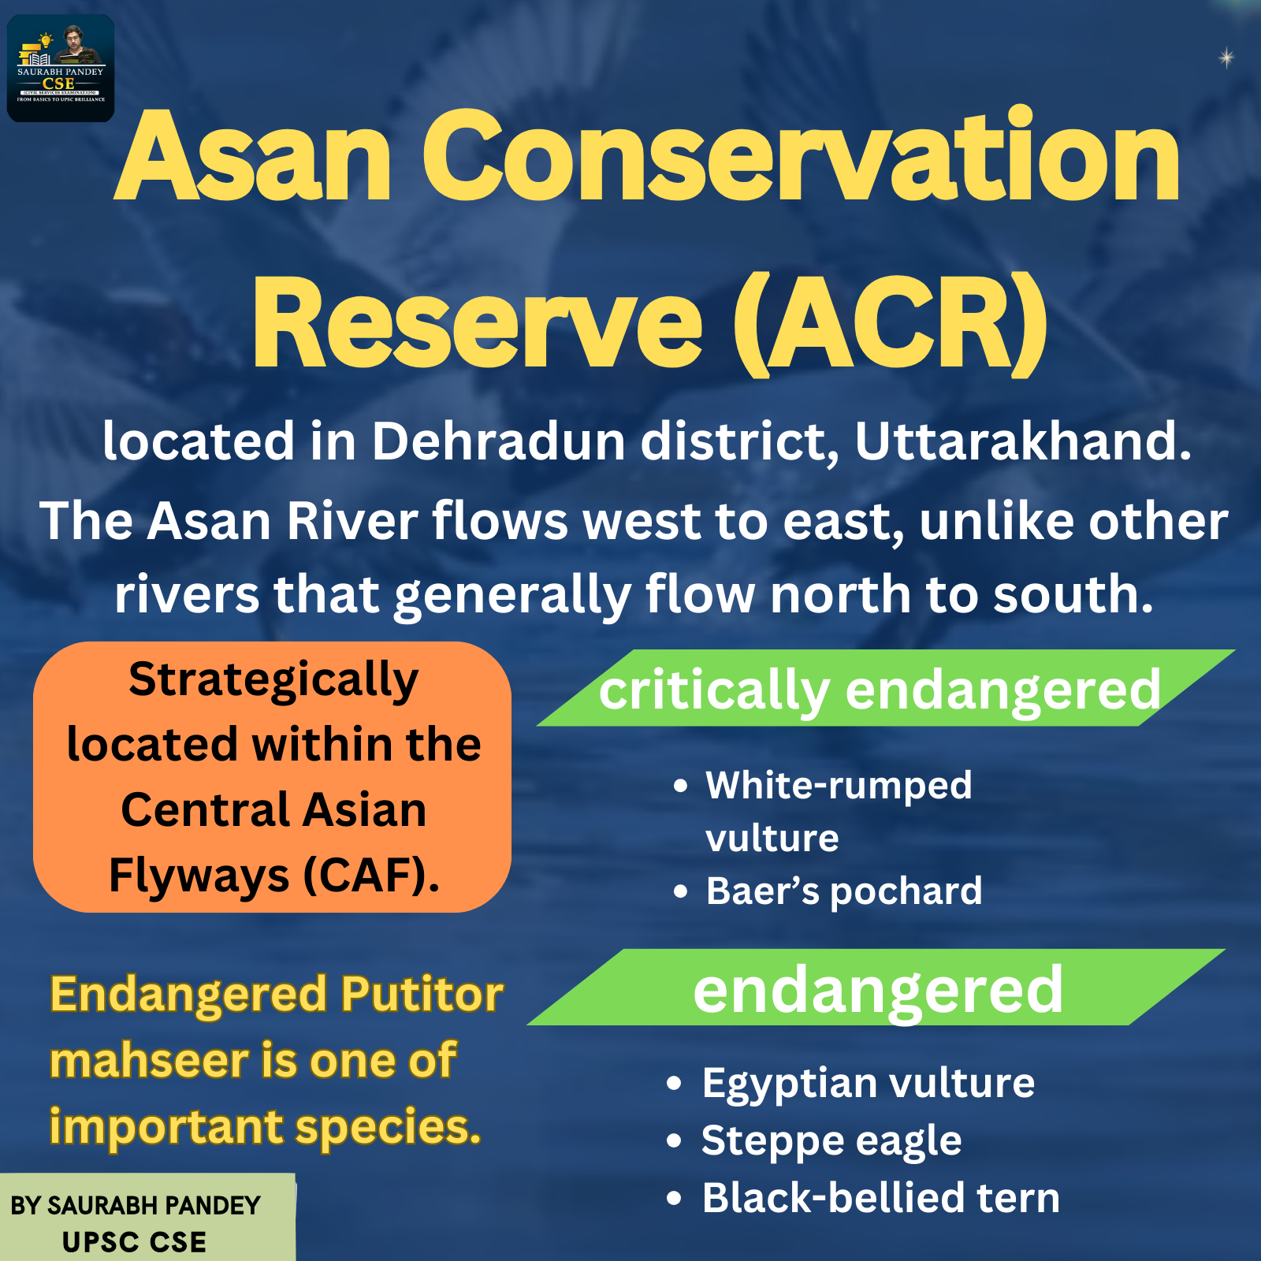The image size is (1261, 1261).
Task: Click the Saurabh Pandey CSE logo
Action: pyautogui.click(x=61, y=69)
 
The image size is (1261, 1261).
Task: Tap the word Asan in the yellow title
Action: pyautogui.click(x=253, y=157)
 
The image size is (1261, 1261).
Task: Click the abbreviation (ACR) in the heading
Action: pyautogui.click(x=891, y=324)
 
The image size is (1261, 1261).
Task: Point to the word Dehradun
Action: pyautogui.click(x=499, y=441)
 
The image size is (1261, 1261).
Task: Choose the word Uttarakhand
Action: pyautogui.click(x=1023, y=441)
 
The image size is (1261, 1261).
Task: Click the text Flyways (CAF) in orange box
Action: pyautogui.click(x=273, y=876)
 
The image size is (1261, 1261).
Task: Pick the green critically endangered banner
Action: pyautogui.click(x=886, y=688)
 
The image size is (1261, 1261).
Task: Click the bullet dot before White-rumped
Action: pyautogui.click(x=681, y=787)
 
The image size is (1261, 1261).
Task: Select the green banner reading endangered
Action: pyautogui.click(x=876, y=988)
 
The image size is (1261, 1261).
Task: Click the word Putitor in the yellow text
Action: pyautogui.click(x=422, y=995)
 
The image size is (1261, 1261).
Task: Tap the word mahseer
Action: pyautogui.click(x=150, y=1061)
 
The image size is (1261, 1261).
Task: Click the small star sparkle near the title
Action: pyautogui.click(x=1226, y=58)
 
